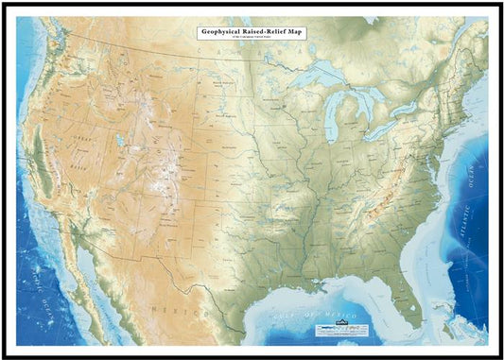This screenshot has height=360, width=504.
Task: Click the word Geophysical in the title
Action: [226, 31]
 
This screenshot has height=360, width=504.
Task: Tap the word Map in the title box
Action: [294, 31]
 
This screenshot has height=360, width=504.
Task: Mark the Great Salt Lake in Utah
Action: [120, 144]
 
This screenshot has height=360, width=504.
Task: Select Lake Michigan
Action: [332, 118]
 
